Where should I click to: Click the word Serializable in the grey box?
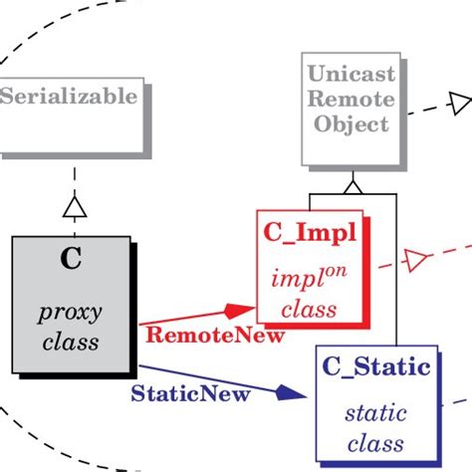click(x=69, y=97)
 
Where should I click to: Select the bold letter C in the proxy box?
click(x=71, y=261)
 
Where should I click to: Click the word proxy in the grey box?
click(x=71, y=314)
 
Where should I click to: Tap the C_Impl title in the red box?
click(x=310, y=232)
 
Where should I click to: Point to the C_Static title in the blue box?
click(x=376, y=367)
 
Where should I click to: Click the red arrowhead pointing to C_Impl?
click(x=240, y=311)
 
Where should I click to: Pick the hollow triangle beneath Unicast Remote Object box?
click(x=352, y=186)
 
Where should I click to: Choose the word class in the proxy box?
click(x=71, y=344)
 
